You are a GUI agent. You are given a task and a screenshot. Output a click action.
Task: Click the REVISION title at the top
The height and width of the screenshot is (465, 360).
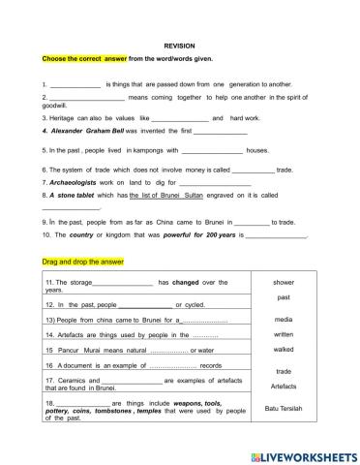[x=179, y=46]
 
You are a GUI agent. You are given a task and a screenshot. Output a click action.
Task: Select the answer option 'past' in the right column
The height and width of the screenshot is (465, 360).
[x=284, y=297]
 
